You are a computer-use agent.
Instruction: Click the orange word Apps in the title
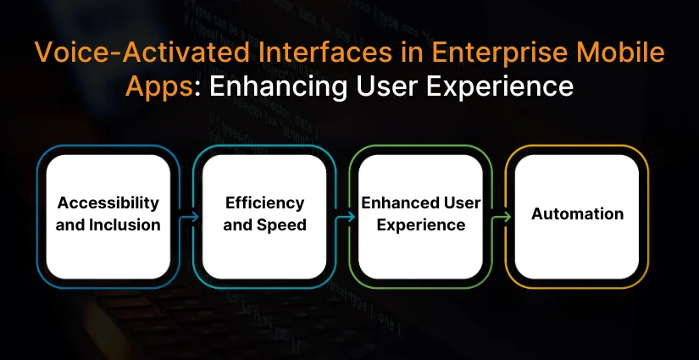[158, 87]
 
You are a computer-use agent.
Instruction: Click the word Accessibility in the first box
[108, 203]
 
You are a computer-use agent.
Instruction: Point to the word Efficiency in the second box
[265, 203]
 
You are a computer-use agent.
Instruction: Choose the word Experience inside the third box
[421, 225]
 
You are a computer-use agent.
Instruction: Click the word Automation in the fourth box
[577, 213]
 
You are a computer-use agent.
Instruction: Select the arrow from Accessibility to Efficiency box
[189, 217]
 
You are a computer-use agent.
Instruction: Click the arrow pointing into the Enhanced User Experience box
[345, 217]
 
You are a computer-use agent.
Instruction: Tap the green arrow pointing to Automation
[501, 217]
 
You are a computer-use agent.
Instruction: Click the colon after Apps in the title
[197, 89]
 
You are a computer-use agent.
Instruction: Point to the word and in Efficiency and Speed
[241, 225]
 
